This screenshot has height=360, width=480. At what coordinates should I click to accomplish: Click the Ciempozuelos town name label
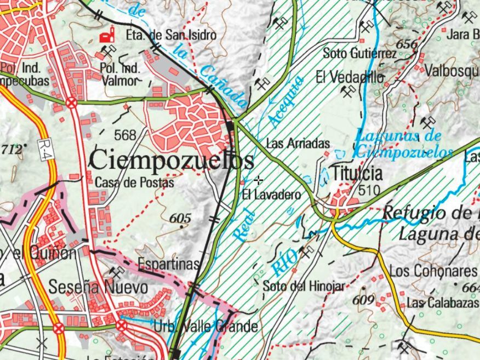[171, 161]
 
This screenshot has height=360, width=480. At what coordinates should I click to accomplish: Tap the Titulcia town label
[357, 174]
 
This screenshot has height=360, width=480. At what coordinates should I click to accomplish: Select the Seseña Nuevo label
[98, 287]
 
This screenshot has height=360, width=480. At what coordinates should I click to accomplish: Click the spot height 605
[180, 219]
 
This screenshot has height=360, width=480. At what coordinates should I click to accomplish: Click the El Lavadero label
[272, 195]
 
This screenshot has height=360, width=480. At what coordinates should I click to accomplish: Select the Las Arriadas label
[298, 144]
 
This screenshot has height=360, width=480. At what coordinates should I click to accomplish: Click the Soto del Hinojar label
[304, 286]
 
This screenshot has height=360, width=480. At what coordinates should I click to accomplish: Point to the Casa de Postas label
[134, 182]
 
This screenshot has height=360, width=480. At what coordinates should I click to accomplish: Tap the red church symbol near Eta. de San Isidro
[104, 36]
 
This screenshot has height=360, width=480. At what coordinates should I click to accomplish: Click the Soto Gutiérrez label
[359, 54]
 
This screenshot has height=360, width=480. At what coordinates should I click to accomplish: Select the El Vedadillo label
[350, 77]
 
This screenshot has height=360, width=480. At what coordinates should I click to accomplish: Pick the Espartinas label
[168, 264]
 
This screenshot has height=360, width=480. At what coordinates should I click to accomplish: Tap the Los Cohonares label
[433, 271]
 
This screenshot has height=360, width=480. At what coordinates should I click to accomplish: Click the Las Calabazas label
[436, 303]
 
